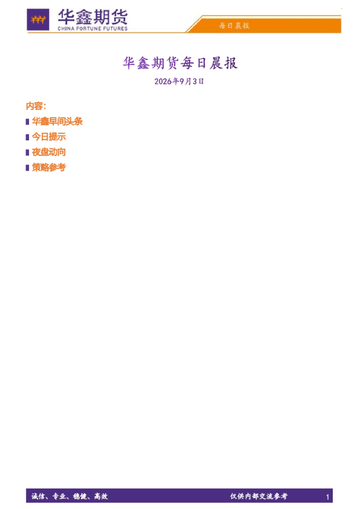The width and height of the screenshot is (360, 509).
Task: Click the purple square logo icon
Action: click(x=38, y=20)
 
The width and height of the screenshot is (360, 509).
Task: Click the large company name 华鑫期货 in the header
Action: click(x=93, y=17)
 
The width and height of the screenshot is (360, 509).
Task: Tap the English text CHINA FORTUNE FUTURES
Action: click(x=93, y=28)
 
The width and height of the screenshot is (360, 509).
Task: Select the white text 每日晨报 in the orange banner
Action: click(x=234, y=25)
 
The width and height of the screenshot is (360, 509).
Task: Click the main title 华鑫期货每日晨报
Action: click(x=180, y=63)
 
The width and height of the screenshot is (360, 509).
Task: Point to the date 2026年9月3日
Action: click(x=179, y=81)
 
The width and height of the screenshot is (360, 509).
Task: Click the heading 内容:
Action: click(x=36, y=106)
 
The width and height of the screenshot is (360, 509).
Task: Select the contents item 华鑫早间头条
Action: click(x=57, y=122)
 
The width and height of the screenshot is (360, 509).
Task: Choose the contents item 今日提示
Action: click(x=49, y=137)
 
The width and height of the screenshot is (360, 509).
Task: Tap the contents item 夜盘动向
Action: click(x=49, y=152)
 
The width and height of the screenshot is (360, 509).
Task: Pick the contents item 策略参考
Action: click(x=49, y=167)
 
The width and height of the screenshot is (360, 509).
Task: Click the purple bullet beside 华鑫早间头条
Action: click(x=28, y=122)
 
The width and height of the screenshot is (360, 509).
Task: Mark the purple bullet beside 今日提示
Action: click(x=28, y=137)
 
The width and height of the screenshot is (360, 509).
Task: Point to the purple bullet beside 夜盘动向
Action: click(x=28, y=152)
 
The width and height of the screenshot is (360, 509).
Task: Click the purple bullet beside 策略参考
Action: click(x=28, y=168)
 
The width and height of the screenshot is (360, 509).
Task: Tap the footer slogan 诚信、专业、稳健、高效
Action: click(x=70, y=496)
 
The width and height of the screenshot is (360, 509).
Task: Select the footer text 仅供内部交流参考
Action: click(x=259, y=496)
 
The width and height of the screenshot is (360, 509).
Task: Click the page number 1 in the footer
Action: click(x=327, y=497)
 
